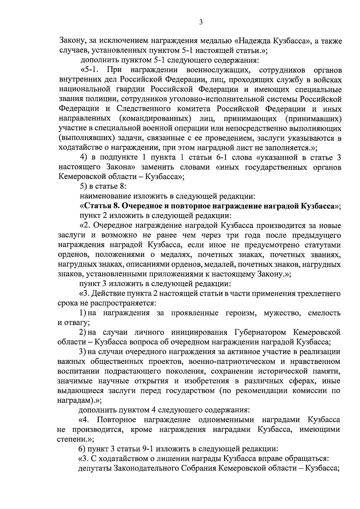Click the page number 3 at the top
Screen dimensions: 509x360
tap(201, 22)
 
